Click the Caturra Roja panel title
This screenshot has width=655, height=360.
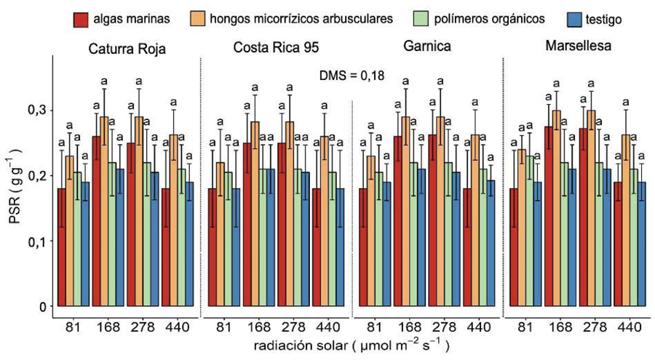click(x=127, y=50)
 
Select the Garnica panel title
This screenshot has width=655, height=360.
click(x=426, y=48)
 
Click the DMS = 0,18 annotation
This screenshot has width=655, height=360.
click(x=352, y=74)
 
